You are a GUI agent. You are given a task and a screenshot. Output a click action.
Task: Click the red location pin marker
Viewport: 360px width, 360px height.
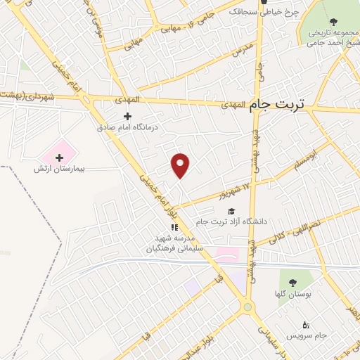[181, 166]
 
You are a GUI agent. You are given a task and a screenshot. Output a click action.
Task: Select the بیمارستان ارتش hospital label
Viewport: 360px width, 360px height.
[59, 169]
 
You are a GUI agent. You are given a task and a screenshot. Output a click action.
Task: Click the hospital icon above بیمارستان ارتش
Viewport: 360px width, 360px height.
[59, 157]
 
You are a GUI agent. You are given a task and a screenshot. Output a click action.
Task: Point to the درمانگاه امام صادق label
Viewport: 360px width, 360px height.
[127, 128]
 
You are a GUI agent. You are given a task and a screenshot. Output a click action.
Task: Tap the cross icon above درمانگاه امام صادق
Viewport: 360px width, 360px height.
[127, 116]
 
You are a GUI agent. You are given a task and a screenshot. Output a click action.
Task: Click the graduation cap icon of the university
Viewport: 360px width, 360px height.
[230, 210]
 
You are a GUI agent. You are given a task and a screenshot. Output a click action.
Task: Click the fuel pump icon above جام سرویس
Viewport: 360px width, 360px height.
[304, 324]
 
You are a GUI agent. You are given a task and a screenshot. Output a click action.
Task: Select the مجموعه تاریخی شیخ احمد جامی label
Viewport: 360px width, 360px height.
[330, 37]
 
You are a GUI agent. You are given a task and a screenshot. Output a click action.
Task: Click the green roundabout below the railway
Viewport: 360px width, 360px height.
[247, 307]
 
